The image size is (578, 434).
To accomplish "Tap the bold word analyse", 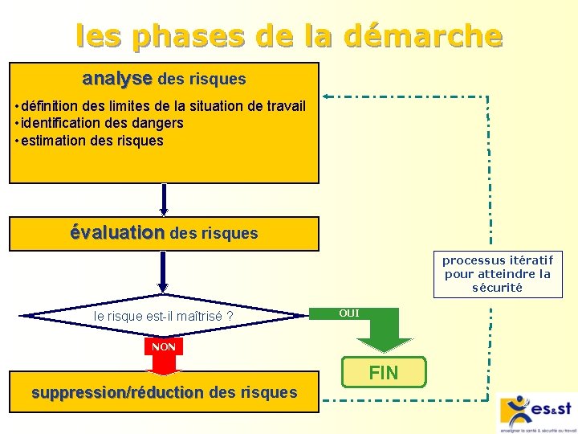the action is pos(117,79).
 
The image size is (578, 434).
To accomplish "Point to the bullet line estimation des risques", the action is pos(90,141).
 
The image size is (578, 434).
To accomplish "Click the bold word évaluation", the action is pos(116,232).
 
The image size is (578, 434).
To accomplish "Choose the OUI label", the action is pos(349,313).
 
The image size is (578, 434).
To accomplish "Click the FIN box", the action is pos(383,372).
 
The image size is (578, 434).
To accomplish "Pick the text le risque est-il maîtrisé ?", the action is pos(163,317).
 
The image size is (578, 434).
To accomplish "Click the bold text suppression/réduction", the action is pos(117,392).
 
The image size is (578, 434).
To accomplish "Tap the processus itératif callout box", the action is pos(498,273).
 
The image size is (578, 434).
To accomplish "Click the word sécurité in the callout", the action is pos(498,287).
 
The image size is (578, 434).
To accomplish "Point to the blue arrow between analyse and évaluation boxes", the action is pos(164,200).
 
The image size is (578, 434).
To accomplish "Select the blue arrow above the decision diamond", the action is pos(163,272).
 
